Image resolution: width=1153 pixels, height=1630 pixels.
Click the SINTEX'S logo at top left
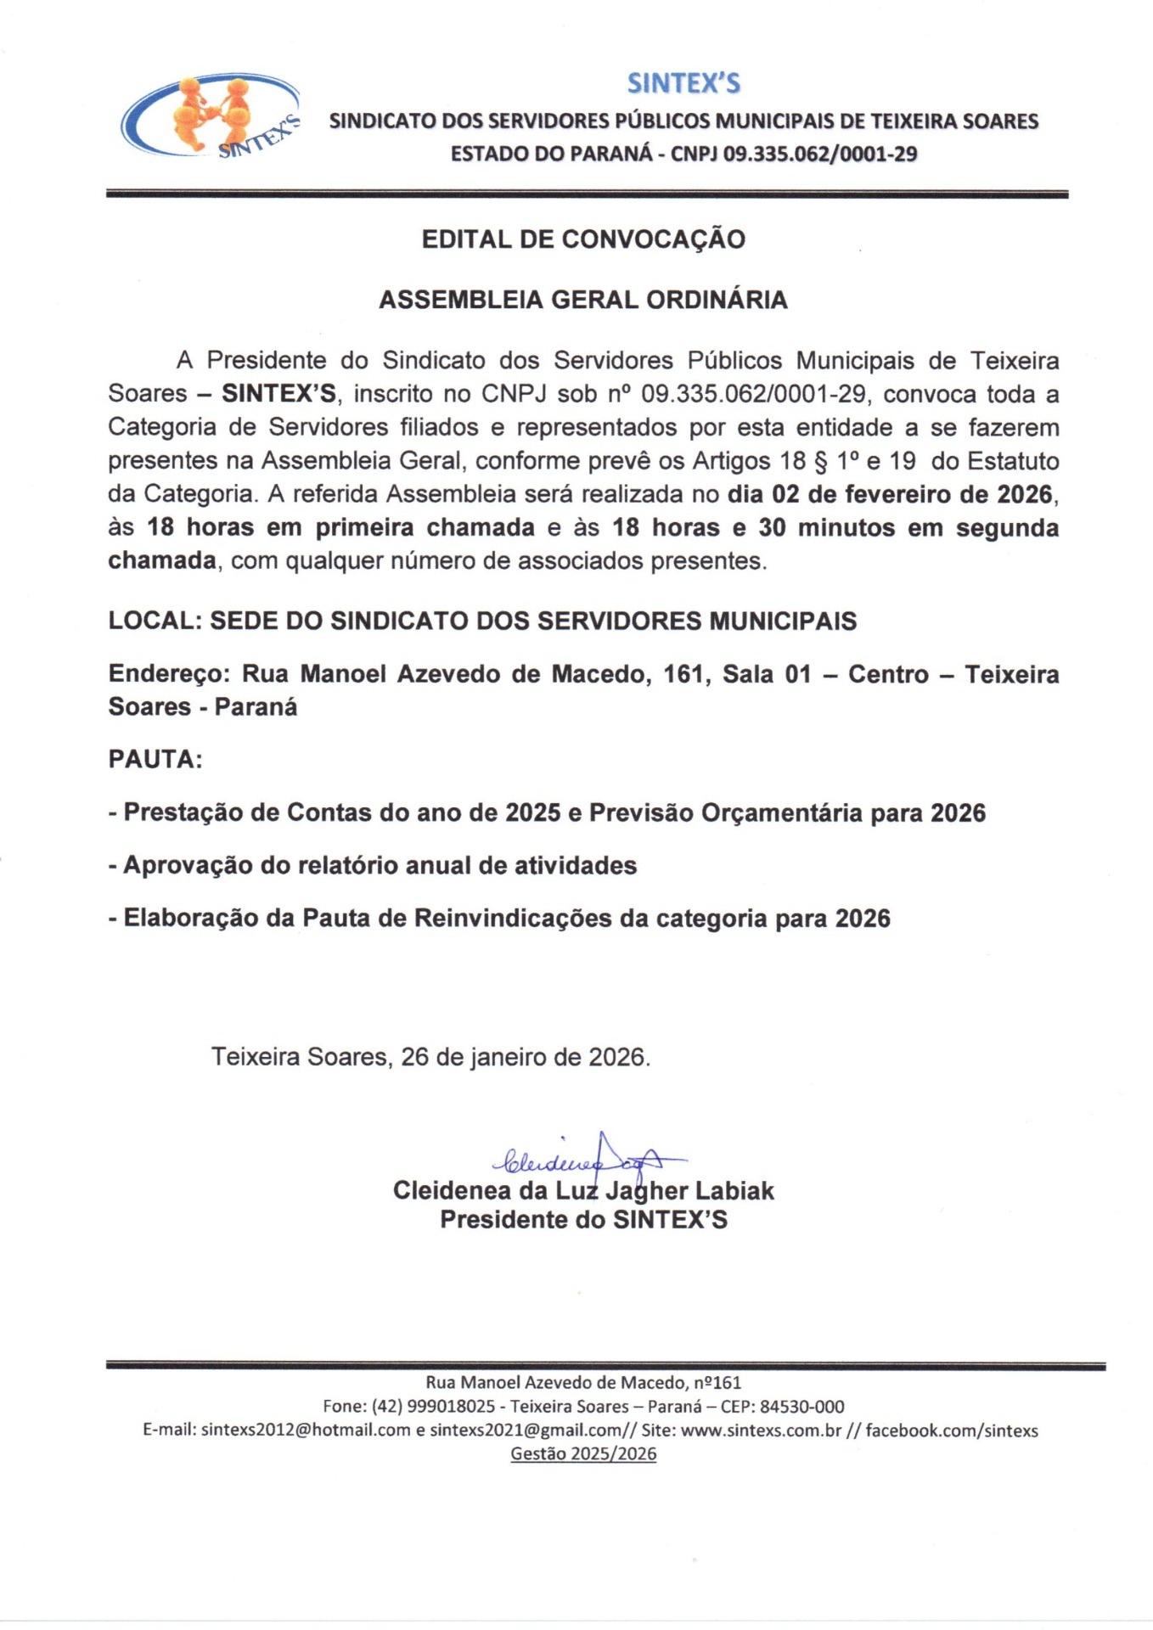(211, 116)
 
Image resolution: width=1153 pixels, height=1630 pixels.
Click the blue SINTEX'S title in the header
(683, 83)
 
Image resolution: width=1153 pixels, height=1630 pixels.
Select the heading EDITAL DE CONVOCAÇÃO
(583, 239)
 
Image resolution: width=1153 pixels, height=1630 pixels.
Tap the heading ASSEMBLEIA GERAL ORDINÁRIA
(583, 300)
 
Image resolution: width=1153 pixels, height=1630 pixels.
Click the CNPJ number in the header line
(820, 155)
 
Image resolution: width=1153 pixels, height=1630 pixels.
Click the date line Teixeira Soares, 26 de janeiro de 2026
(430, 1057)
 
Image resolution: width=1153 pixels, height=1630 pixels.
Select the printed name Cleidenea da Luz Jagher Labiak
(583, 1190)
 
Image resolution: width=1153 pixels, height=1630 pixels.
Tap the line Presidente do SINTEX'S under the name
(583, 1220)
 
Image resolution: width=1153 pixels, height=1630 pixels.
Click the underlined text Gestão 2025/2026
(583, 1453)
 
